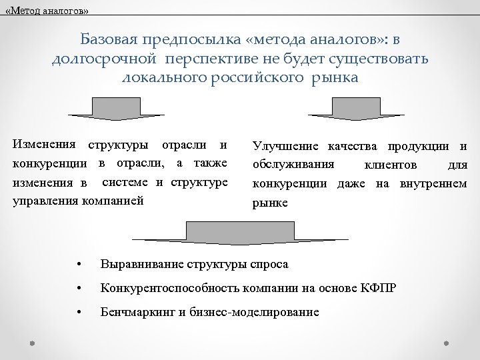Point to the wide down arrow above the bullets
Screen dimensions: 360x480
(239, 232)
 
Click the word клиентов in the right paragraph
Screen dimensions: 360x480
(391, 165)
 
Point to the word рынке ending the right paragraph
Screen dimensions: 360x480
(269, 203)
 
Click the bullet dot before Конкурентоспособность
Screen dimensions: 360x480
(79, 289)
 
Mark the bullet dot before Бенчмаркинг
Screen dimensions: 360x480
(79, 312)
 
